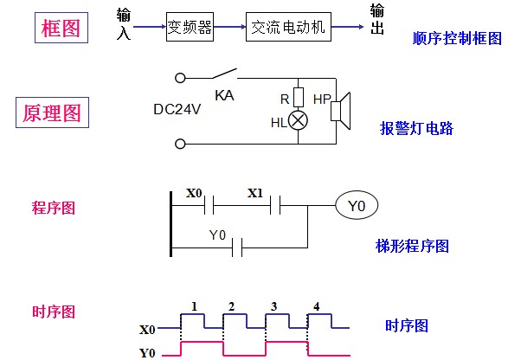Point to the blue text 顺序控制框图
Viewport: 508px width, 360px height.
click(457, 39)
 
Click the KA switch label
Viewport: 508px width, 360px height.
click(224, 95)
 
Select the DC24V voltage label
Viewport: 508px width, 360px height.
click(177, 109)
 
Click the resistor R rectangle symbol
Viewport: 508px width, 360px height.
click(299, 97)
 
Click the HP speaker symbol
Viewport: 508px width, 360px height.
click(340, 111)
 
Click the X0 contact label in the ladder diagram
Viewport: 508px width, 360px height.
click(194, 193)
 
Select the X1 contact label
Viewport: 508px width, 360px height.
click(255, 193)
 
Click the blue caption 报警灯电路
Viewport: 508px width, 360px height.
click(416, 128)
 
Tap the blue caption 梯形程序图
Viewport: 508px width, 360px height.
click(412, 246)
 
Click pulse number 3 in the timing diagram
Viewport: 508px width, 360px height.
click(274, 306)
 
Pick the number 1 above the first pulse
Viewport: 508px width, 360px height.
click(194, 306)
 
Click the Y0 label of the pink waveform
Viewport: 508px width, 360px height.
click(147, 353)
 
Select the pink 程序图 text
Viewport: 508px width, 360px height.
click(54, 208)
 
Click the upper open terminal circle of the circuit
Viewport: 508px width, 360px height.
click(180, 78)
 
